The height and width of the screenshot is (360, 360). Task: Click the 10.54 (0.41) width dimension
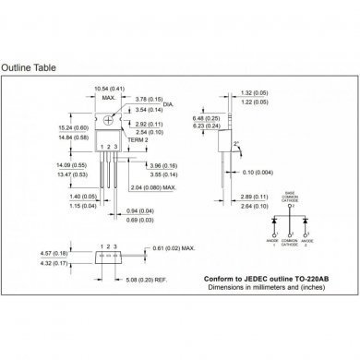(108, 89)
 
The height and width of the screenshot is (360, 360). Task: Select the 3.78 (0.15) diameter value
(150, 99)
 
